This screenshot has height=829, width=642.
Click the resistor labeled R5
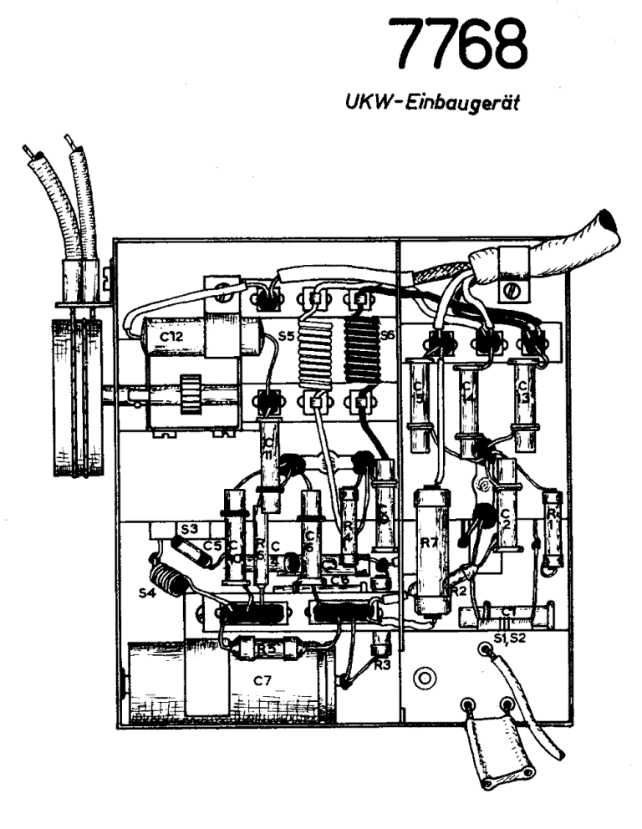[x=267, y=648]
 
